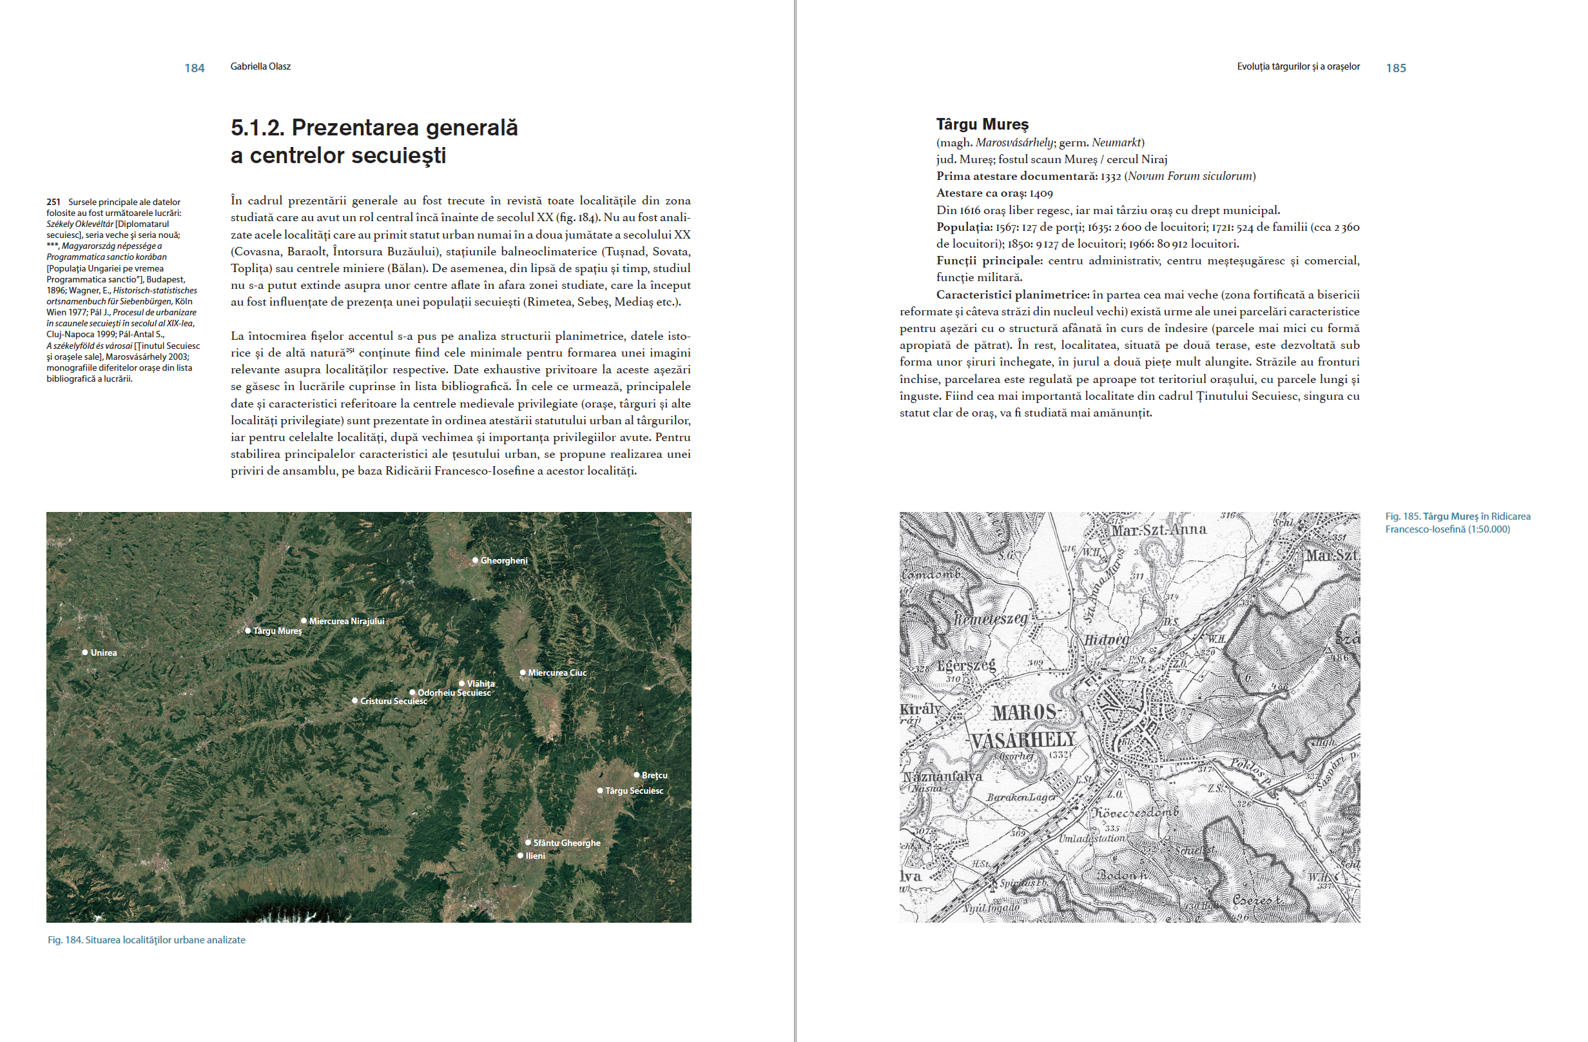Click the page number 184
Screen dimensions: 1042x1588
coord(194,68)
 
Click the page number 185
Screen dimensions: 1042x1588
coord(1395,68)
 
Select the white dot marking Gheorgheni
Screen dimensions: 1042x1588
coord(475,560)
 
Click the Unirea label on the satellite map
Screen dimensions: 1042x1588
coord(103,653)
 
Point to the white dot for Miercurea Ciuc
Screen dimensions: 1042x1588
coord(523,672)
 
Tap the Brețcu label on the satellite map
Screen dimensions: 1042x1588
coord(654,775)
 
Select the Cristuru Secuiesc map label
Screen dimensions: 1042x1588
coord(393,701)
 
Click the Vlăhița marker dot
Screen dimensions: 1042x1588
coord(461,683)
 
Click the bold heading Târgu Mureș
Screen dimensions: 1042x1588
coord(982,124)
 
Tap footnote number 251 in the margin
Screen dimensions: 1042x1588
coord(53,202)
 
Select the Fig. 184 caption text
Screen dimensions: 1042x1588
coord(146,940)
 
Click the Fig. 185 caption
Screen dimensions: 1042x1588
coord(1457,523)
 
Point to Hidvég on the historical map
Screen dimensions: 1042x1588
coord(1105,640)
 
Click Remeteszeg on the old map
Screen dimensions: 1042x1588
coord(989,619)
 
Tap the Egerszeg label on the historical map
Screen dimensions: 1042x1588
coord(966,665)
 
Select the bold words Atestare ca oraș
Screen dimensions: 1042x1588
coord(981,193)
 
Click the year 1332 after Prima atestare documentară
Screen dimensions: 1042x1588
coord(1110,176)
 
